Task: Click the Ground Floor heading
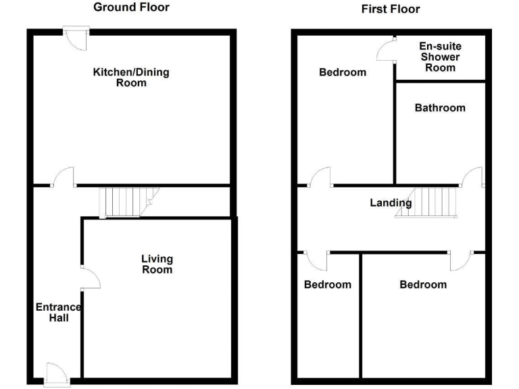(131, 7)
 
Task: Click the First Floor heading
(391, 9)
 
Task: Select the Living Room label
(157, 264)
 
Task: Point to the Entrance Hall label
(58, 313)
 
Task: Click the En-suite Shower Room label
(439, 57)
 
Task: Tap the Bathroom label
(440, 108)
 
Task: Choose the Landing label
(390, 203)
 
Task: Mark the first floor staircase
(429, 201)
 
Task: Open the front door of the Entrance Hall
(56, 373)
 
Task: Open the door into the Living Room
(90, 278)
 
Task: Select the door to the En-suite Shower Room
(387, 49)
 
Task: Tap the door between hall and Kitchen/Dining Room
(64, 178)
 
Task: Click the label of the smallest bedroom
(328, 284)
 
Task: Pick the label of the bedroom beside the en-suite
(343, 72)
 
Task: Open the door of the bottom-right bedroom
(461, 260)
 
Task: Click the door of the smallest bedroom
(316, 260)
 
